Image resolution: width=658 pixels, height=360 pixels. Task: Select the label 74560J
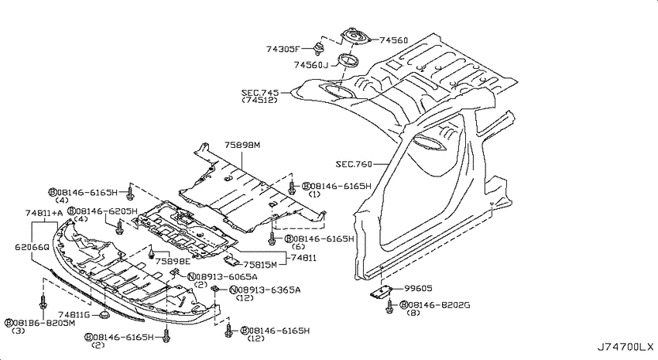(x=311, y=65)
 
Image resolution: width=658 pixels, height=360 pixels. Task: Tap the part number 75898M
(x=243, y=145)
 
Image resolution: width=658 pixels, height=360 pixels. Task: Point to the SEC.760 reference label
(x=355, y=164)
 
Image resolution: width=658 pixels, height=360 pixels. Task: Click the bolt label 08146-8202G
(x=437, y=306)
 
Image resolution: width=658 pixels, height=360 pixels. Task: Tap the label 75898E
(x=173, y=262)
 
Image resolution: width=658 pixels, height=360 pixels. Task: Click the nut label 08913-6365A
(x=265, y=290)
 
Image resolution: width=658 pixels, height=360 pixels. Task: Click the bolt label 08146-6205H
(x=105, y=211)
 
